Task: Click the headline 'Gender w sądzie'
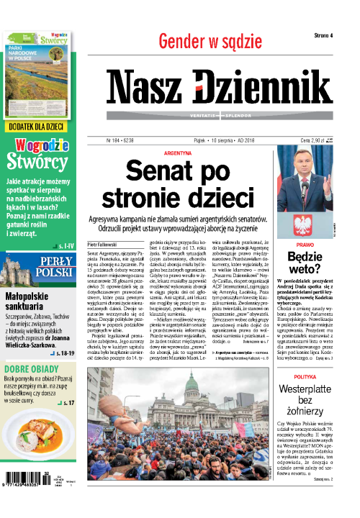pyautogui.click(x=209, y=42)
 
